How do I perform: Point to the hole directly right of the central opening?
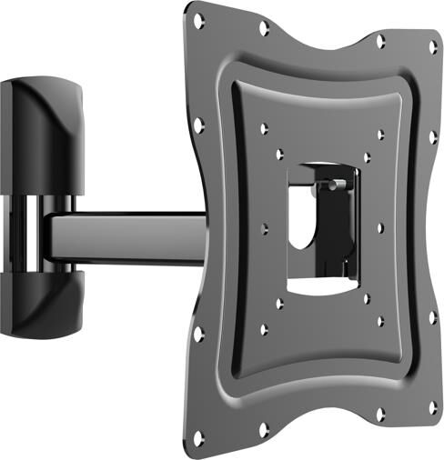pos(379,227)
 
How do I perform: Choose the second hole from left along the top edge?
pos(263,29)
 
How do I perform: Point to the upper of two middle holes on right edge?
pos(434,136)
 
